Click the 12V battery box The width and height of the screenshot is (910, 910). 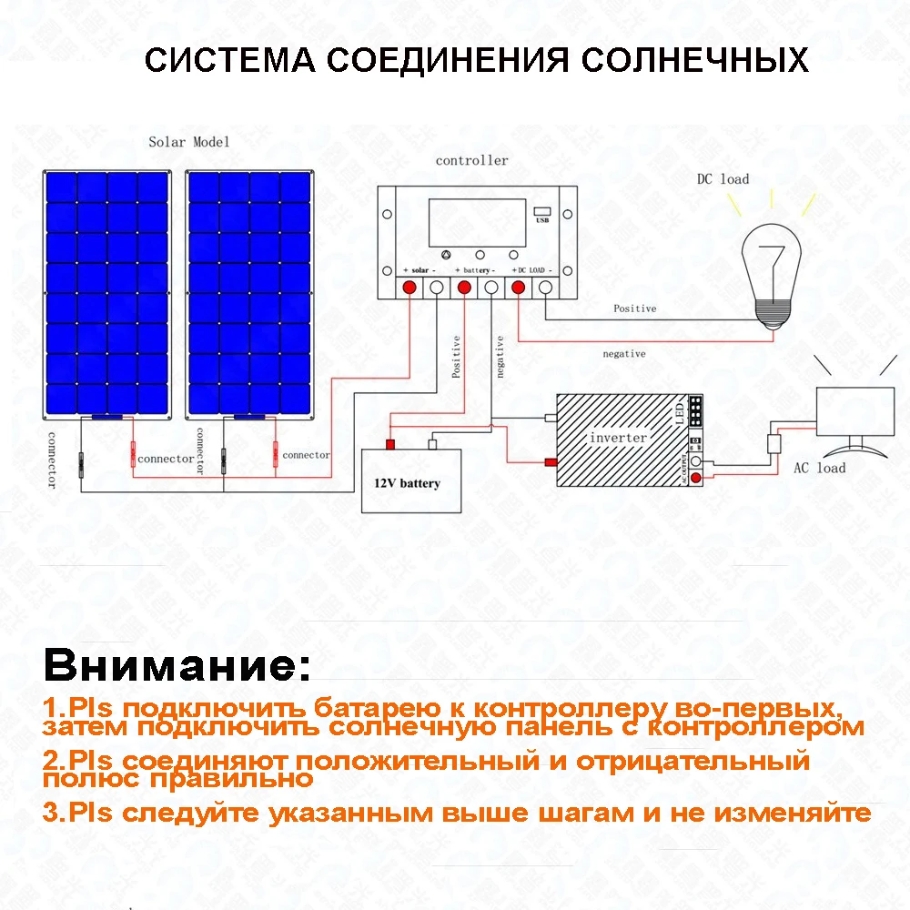(x=411, y=480)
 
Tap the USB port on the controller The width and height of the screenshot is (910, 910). (x=543, y=215)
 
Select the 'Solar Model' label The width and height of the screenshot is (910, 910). (x=189, y=142)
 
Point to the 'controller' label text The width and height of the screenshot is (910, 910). (x=471, y=161)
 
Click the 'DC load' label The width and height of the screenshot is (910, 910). (x=723, y=179)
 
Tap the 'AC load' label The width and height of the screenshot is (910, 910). (x=819, y=468)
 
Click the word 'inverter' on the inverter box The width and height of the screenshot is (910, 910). (x=618, y=438)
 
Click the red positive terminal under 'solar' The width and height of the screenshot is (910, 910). (x=409, y=288)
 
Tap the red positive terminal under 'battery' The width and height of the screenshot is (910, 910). (x=464, y=288)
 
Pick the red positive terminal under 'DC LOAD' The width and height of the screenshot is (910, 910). (x=519, y=288)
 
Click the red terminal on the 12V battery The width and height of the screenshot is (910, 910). (x=389, y=444)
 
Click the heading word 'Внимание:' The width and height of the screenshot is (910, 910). (x=177, y=665)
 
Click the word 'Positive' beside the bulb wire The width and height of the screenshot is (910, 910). (x=634, y=308)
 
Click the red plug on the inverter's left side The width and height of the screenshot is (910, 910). (x=551, y=462)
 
